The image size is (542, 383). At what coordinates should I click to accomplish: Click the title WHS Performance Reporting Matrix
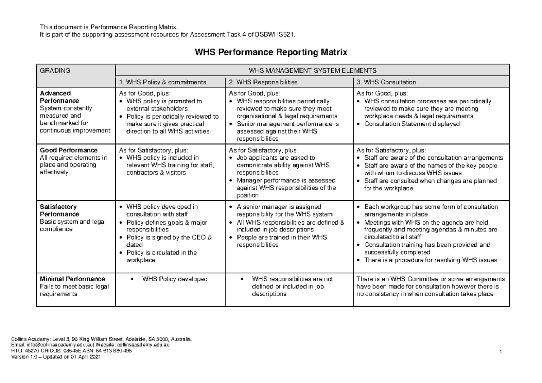(x=271, y=52)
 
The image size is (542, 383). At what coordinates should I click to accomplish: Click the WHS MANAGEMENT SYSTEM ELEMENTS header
(x=312, y=71)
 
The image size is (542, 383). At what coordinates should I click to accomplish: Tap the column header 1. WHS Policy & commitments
(x=162, y=82)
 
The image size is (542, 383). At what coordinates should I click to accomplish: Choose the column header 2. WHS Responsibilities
(x=263, y=82)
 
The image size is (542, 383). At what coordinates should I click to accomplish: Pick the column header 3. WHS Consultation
(x=386, y=82)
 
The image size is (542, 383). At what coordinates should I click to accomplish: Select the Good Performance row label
(x=69, y=150)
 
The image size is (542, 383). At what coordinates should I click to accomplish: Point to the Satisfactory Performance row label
(x=60, y=210)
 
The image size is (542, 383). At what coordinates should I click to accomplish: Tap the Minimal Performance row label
(x=72, y=279)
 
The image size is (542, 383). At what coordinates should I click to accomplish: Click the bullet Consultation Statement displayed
(x=412, y=124)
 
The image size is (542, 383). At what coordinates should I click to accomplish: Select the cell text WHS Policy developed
(x=175, y=279)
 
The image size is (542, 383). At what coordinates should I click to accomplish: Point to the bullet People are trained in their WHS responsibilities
(x=281, y=241)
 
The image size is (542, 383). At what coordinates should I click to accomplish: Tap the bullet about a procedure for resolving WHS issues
(x=430, y=260)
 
